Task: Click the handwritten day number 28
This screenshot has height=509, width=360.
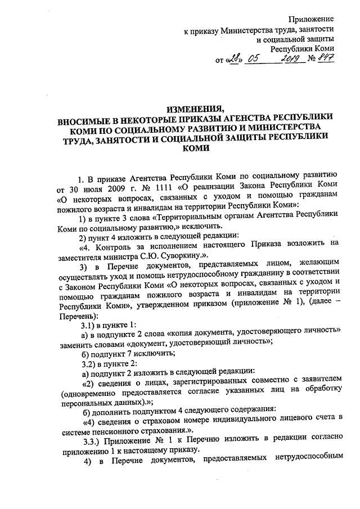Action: pyautogui.click(x=235, y=58)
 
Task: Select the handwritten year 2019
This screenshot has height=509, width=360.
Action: pyautogui.click(x=291, y=58)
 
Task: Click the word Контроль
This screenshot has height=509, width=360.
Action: pyautogui.click(x=111, y=244)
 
